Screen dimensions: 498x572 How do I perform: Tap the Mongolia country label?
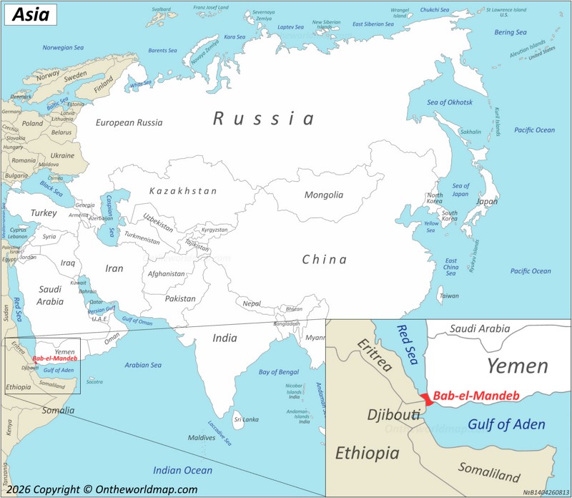point(324,195)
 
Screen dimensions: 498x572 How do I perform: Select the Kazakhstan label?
point(183,191)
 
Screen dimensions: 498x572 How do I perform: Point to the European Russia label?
point(129,122)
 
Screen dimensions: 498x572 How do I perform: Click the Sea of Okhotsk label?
point(450,102)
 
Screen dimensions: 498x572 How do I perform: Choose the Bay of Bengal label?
point(279,372)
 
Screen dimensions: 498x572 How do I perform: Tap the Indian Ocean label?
point(183,470)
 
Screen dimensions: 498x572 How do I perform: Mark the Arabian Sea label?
point(143,365)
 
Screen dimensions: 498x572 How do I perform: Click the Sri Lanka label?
point(246,419)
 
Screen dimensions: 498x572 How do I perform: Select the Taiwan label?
point(449,296)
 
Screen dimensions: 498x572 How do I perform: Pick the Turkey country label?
point(43,213)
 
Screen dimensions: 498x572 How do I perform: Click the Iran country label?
point(114,268)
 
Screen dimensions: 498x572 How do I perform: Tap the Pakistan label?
point(180,298)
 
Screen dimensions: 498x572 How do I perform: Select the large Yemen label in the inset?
point(518,366)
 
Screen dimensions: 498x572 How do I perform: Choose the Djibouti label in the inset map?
point(393,415)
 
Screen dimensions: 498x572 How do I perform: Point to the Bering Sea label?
point(511,32)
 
